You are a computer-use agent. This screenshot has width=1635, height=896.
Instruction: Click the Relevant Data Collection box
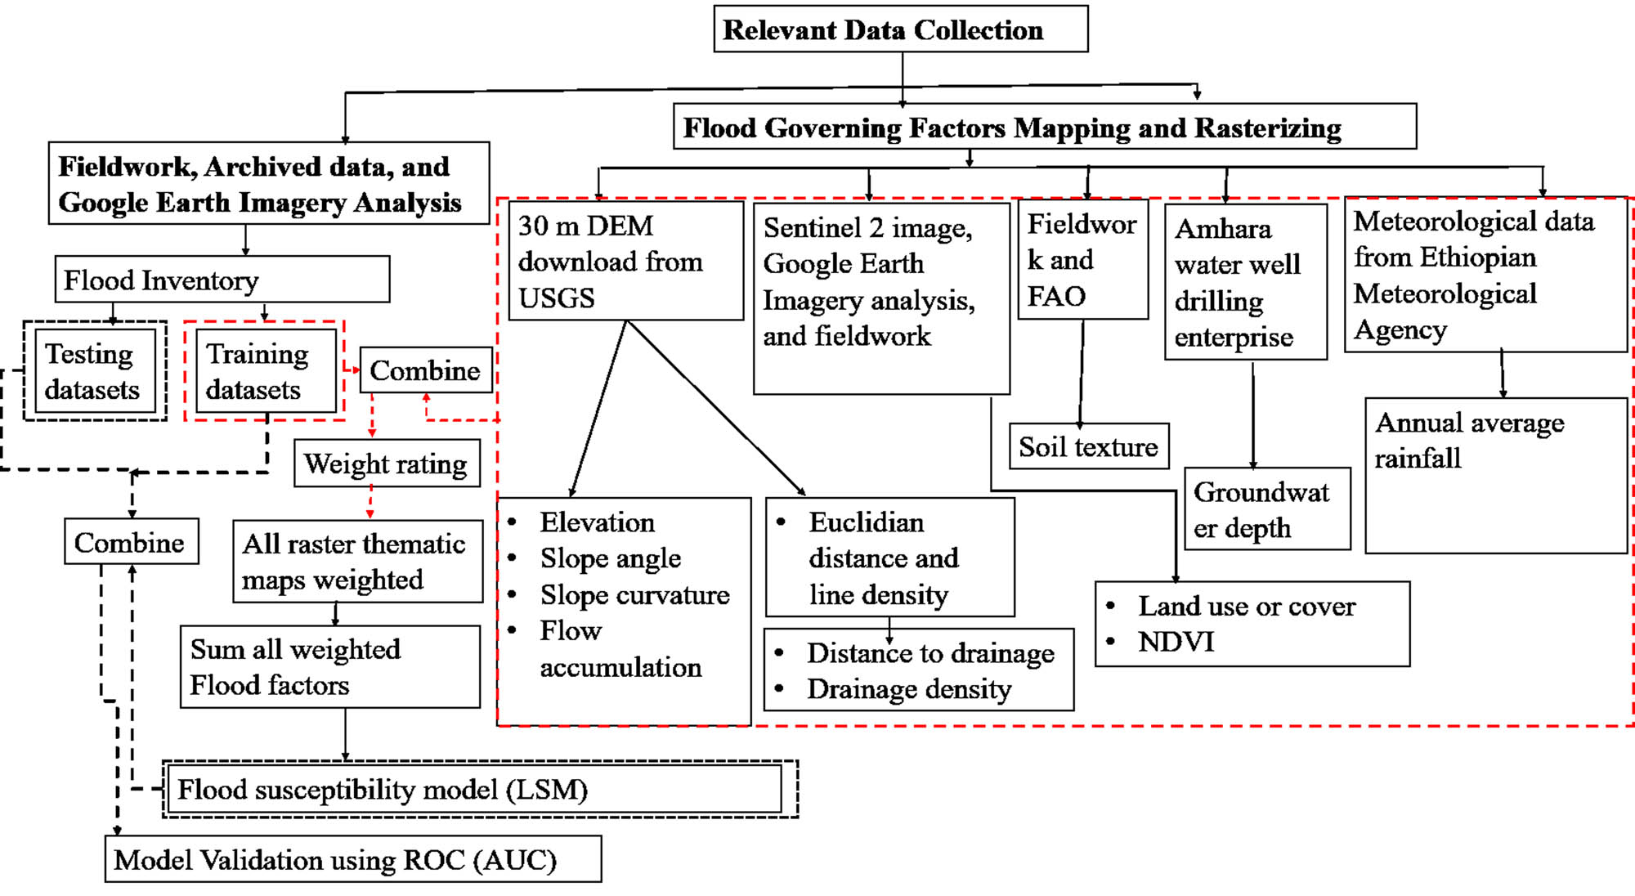point(900,29)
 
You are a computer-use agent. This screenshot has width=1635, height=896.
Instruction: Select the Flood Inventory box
point(222,280)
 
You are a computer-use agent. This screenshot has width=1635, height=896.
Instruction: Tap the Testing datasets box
point(95,370)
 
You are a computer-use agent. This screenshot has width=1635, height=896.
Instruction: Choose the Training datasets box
point(266,370)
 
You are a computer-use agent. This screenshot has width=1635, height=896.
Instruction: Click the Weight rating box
point(386,464)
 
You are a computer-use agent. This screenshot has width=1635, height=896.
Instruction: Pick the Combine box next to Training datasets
point(426,370)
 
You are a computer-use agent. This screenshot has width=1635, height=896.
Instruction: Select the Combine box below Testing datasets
point(131,542)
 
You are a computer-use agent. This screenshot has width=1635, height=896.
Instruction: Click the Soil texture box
point(1088,446)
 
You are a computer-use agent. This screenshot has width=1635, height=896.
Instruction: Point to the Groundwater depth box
point(1266,509)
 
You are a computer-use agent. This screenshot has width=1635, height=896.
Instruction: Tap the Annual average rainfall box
point(1495,474)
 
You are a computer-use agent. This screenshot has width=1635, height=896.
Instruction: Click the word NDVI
point(1176,642)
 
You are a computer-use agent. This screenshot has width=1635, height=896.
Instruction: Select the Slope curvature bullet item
point(634,594)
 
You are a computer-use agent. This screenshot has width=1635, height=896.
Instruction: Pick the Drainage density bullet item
point(908,689)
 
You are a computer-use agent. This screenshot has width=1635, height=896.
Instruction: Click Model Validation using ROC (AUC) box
point(352,859)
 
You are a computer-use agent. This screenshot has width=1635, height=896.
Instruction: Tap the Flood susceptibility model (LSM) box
point(478,789)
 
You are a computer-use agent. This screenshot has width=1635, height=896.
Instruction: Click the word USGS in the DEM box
point(557,298)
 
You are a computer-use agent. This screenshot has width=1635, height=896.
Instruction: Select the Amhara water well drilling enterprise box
point(1245,282)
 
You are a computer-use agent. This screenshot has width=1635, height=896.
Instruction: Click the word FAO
point(1056,296)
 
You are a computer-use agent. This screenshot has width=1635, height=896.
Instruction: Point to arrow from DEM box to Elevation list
point(598,409)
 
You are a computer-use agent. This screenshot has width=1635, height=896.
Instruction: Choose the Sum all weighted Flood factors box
point(329,666)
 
